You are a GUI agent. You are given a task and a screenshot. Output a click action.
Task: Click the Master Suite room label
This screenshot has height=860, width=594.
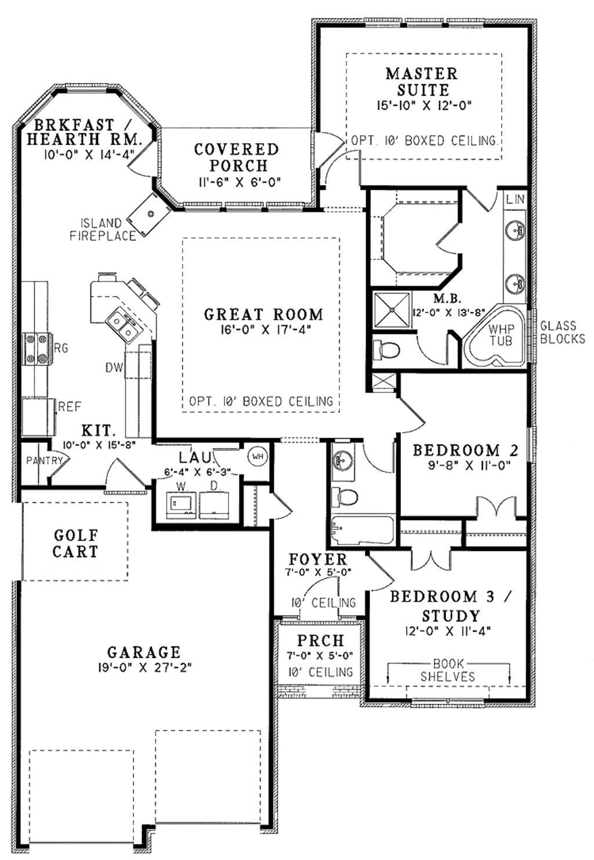(x=422, y=82)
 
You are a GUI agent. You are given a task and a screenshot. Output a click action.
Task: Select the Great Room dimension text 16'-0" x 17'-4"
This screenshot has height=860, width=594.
(x=263, y=330)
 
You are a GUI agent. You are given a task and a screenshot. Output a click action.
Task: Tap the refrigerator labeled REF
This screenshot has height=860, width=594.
(x=38, y=415)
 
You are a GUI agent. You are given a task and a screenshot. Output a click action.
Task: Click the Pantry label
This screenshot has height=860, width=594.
(x=44, y=460)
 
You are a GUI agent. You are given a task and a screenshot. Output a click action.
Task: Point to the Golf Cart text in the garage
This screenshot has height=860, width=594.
(x=75, y=543)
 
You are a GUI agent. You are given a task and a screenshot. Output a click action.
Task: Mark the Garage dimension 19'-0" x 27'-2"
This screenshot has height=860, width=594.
(x=144, y=667)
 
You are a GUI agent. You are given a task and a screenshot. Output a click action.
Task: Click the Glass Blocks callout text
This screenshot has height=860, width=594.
(x=562, y=332)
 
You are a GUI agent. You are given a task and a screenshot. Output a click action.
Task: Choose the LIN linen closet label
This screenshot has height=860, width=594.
(x=515, y=199)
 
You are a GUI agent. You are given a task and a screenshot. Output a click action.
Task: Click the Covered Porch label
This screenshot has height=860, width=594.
(x=237, y=157)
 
